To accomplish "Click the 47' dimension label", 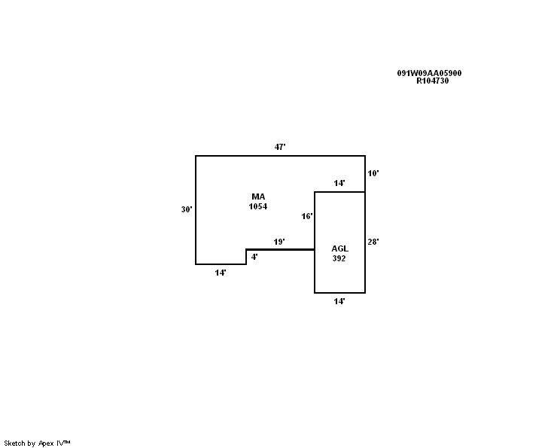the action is click(280, 147).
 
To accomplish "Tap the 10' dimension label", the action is click(373, 173).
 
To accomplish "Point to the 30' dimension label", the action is click(187, 209).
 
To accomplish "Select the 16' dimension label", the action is click(307, 216).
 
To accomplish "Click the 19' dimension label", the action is click(279, 242).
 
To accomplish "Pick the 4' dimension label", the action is click(254, 257).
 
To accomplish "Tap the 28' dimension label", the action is click(373, 242).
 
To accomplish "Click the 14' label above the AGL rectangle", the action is click(339, 183).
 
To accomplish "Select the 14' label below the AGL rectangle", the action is click(339, 301).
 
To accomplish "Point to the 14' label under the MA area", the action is click(221, 273).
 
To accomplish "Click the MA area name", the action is click(258, 197).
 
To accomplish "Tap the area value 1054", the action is click(258, 206).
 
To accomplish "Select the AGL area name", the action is click(339, 248).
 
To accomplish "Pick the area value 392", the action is click(339, 258).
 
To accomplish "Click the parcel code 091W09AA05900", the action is click(429, 73).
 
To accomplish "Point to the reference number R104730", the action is click(433, 81).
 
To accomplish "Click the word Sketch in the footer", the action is click(14, 443).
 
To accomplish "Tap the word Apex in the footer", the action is click(46, 443).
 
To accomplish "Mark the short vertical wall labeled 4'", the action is click(246, 257).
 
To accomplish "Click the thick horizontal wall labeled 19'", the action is click(280, 249).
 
